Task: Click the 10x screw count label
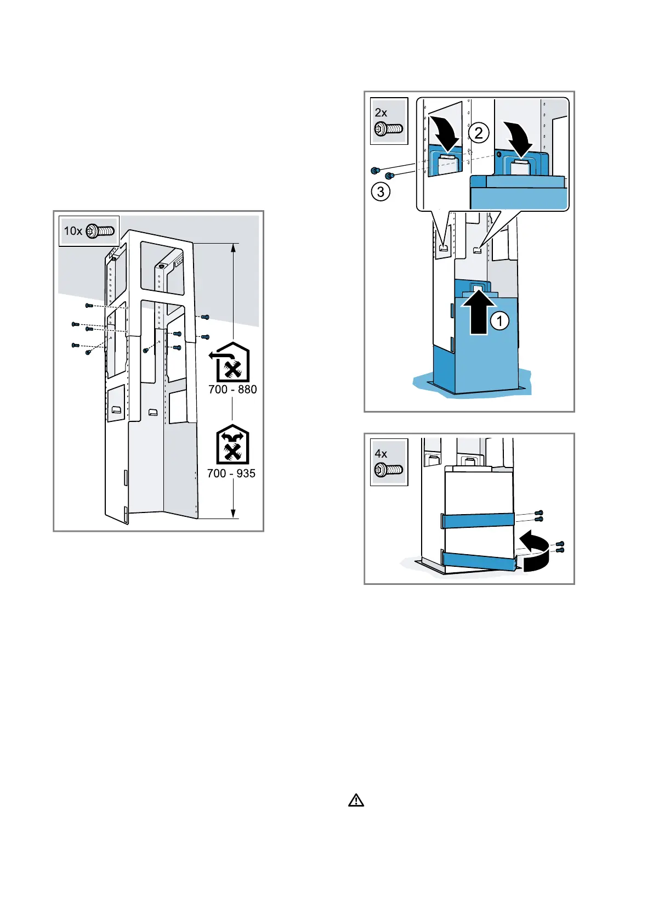click(x=73, y=231)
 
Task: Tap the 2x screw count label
click(x=381, y=112)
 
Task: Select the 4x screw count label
click(x=381, y=454)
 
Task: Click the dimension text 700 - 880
click(x=232, y=390)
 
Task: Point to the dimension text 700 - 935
click(x=231, y=474)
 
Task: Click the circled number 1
click(x=499, y=320)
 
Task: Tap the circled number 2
click(x=479, y=132)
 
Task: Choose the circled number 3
click(x=381, y=192)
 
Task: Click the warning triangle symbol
click(x=356, y=801)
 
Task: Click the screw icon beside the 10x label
click(x=100, y=231)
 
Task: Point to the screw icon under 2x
click(x=389, y=129)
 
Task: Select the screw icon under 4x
click(x=389, y=470)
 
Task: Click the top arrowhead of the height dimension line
click(x=234, y=247)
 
